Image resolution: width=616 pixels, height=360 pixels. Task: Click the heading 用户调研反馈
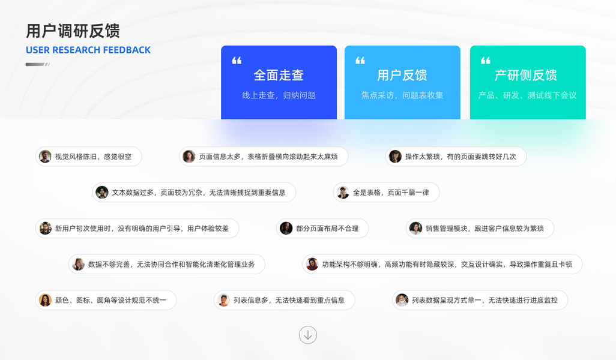[73, 31]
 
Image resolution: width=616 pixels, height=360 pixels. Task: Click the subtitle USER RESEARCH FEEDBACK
[88, 50]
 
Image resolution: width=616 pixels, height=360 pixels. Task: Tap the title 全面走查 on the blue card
[279, 75]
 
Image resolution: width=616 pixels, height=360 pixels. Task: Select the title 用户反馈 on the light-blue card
[402, 75]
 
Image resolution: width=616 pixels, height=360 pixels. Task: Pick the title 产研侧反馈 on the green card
[526, 75]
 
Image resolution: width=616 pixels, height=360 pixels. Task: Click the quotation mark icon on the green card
[486, 60]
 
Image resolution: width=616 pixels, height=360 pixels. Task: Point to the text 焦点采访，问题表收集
[402, 95]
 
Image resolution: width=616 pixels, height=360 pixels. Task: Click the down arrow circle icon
[308, 335]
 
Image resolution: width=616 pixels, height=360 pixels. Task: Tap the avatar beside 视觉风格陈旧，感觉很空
[45, 157]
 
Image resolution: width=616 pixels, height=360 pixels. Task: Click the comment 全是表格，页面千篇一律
[391, 193]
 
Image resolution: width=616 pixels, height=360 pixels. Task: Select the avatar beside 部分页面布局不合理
[286, 228]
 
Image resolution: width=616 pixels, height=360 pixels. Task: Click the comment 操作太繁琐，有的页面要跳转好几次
[460, 157]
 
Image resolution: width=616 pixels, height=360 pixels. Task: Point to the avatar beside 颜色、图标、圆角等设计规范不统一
[45, 300]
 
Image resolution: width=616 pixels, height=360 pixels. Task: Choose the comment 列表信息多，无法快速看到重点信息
[289, 300]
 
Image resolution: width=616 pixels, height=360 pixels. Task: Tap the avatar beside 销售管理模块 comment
[415, 228]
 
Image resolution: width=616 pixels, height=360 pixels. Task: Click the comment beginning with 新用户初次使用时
[142, 228]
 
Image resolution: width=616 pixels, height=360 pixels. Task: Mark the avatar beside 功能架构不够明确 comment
[312, 264]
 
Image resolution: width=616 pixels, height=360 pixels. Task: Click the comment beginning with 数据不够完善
[171, 264]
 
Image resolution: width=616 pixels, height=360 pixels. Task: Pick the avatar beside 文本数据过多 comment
[102, 193]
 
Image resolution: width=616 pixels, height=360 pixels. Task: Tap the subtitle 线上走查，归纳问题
[279, 95]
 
